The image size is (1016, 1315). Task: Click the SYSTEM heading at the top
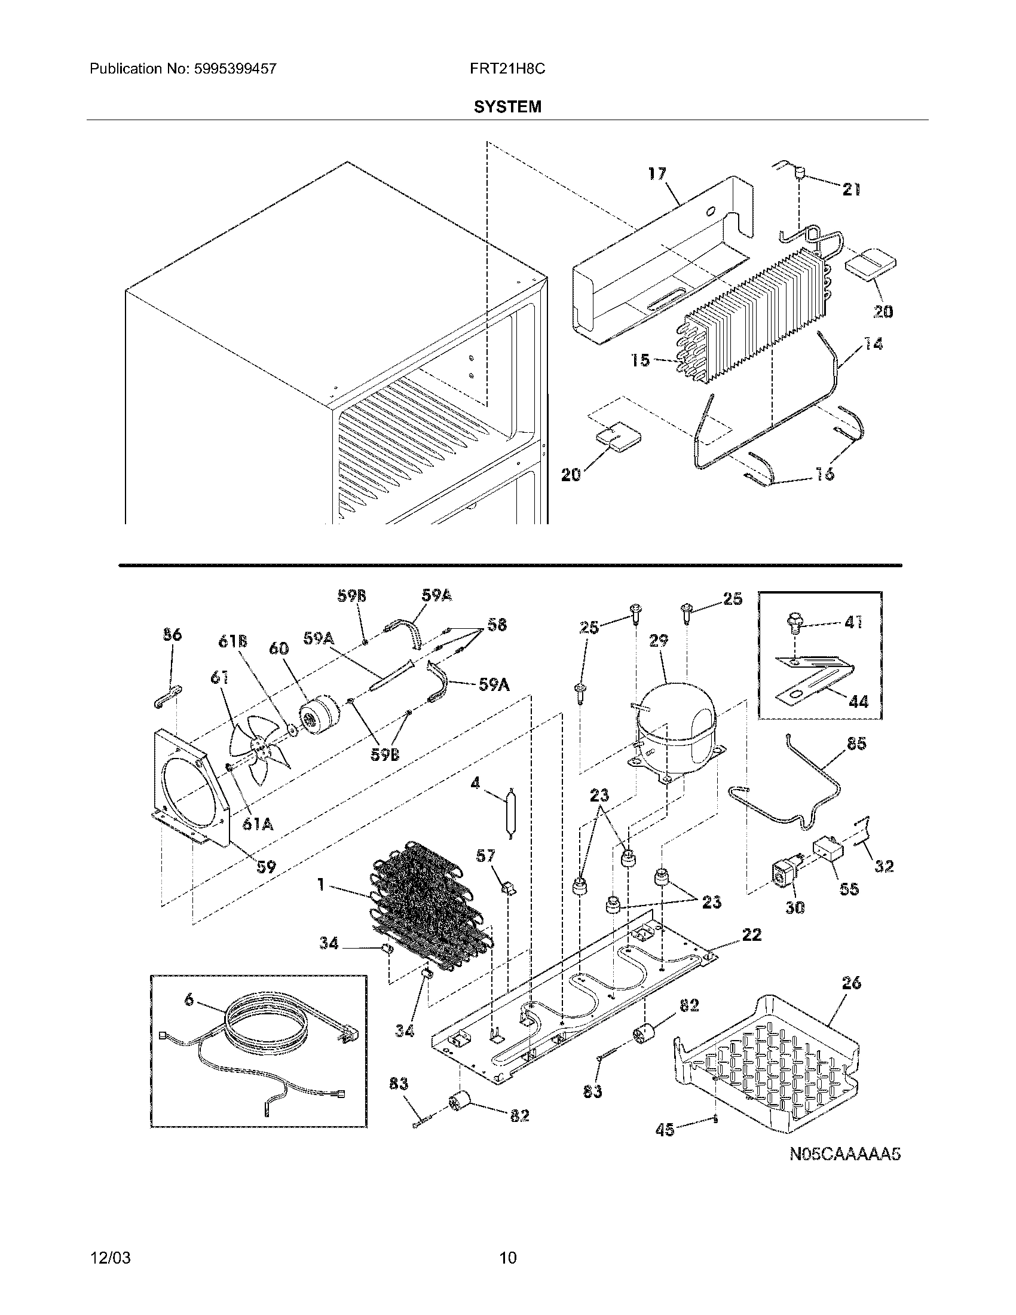507,107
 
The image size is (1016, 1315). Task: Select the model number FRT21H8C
507,69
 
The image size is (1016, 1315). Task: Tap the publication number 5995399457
235,69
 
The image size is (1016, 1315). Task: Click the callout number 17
657,174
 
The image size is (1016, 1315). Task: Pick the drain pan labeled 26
770,1060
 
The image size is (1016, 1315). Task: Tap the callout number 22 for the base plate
752,934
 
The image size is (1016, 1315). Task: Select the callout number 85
856,744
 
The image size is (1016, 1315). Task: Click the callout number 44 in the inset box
858,701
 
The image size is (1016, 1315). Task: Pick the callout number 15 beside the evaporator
641,360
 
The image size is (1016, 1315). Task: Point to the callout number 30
795,908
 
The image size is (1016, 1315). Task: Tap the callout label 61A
258,824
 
